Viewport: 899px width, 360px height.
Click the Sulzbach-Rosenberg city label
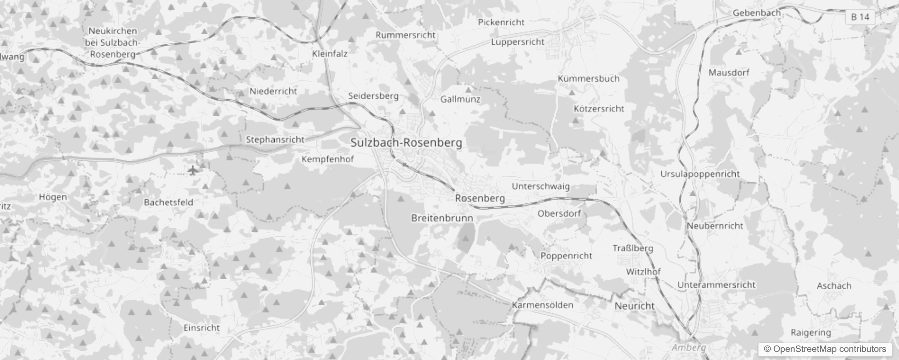click(406, 143)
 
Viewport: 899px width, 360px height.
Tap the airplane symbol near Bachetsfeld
click(193, 171)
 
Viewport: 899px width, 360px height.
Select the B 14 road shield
click(860, 17)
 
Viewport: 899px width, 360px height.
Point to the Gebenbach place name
click(757, 13)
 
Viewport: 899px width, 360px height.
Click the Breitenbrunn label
click(442, 218)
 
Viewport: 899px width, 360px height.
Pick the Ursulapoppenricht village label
click(700, 174)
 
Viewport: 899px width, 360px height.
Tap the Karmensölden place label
click(542, 305)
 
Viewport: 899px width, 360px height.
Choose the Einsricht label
click(201, 328)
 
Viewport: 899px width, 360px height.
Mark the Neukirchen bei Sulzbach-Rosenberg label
click(113, 43)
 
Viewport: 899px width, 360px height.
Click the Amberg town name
click(689, 347)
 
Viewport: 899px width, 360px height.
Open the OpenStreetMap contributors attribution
click(825, 349)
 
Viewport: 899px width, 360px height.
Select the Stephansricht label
click(275, 140)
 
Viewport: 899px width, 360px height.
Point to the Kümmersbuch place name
click(588, 79)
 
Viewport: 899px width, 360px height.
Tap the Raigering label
click(811, 333)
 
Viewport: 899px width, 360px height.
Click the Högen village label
click(53, 197)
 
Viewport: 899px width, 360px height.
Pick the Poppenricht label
click(566, 256)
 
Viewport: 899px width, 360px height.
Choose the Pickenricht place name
click(501, 22)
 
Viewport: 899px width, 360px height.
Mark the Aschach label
click(834, 286)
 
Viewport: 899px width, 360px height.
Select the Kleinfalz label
click(330, 54)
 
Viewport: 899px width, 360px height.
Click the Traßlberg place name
click(632, 248)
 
